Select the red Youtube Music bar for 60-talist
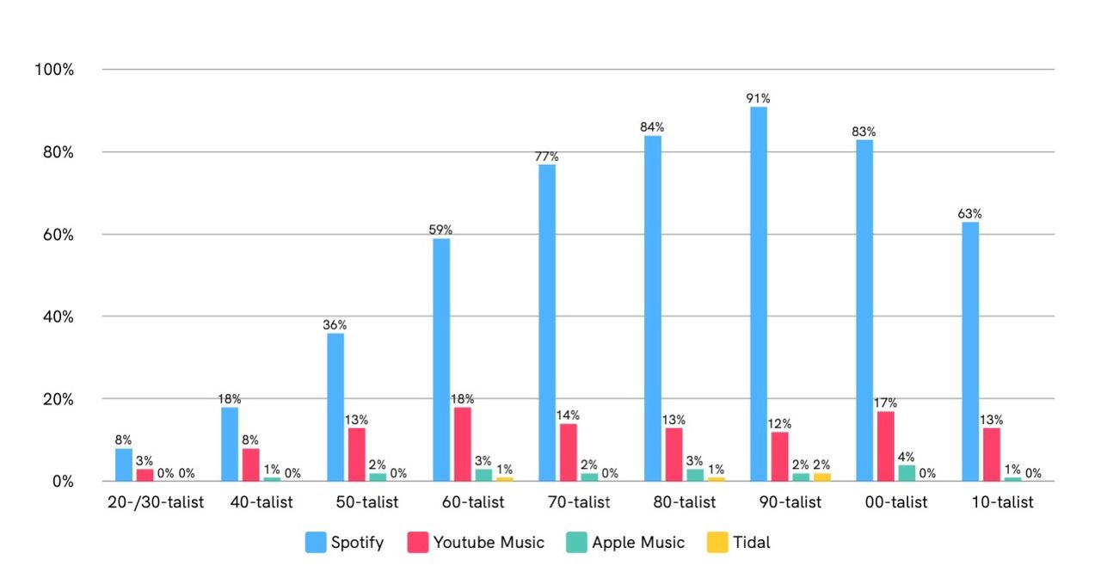click(462, 444)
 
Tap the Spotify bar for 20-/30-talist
click(124, 465)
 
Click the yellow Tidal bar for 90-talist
click(821, 477)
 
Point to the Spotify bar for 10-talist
click(970, 352)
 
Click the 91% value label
click(758, 99)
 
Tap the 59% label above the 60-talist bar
click(440, 231)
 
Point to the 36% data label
click(335, 325)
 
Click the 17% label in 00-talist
click(885, 403)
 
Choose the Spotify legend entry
click(345, 543)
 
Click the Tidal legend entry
click(740, 543)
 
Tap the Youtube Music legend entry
click(477, 543)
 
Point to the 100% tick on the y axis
click(53, 70)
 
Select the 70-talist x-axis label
click(575, 502)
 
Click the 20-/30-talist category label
click(156, 502)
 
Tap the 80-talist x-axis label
click(680, 502)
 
